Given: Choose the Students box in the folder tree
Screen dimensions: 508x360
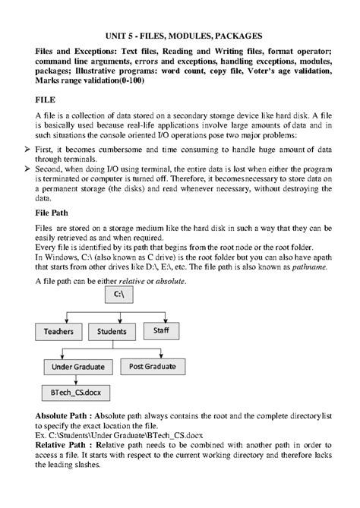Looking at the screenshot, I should [x=117, y=332].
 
